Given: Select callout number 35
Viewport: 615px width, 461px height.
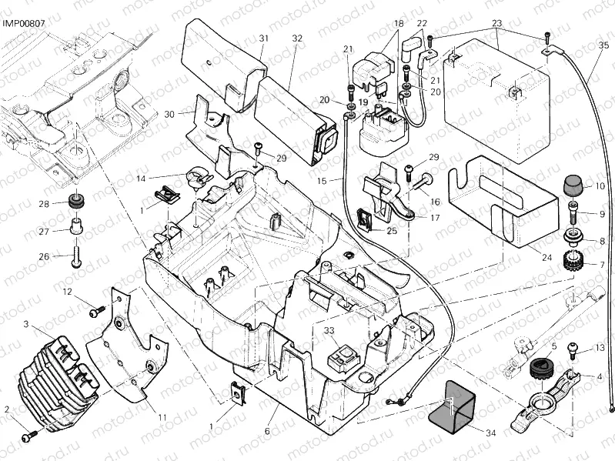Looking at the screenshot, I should (x=603, y=45).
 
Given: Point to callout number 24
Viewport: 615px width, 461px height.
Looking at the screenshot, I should (x=546, y=257).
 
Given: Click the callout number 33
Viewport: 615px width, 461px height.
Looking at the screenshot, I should (x=329, y=330).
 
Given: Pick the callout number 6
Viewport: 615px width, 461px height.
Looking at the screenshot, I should (x=267, y=431).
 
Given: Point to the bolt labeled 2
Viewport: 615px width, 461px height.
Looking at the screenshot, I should (x=29, y=436).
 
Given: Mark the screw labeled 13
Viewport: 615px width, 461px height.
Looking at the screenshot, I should (x=573, y=349).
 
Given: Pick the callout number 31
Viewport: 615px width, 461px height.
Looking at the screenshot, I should (x=263, y=38).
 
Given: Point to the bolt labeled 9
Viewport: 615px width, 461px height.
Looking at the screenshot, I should (x=573, y=208).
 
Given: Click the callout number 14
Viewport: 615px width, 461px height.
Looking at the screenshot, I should (x=141, y=179).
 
